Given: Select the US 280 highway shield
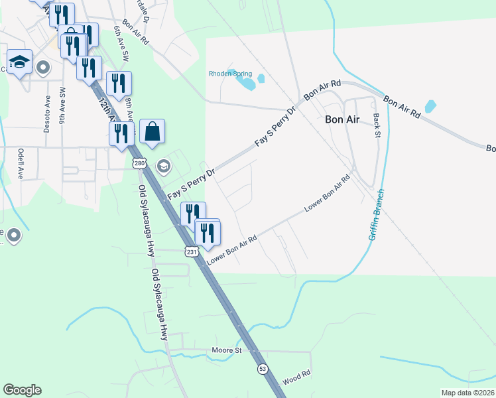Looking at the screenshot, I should [x=139, y=163].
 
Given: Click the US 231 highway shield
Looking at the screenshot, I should [x=192, y=252].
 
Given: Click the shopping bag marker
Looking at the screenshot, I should [x=152, y=131].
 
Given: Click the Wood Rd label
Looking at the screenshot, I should [x=296, y=375].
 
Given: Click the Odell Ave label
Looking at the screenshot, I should [x=21, y=163].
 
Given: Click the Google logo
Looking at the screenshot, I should [x=22, y=390].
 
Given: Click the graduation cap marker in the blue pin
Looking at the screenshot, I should [x=20, y=62].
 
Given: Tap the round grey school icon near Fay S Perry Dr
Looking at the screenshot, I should [x=162, y=165].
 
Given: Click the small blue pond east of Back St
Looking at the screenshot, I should [x=430, y=106].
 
